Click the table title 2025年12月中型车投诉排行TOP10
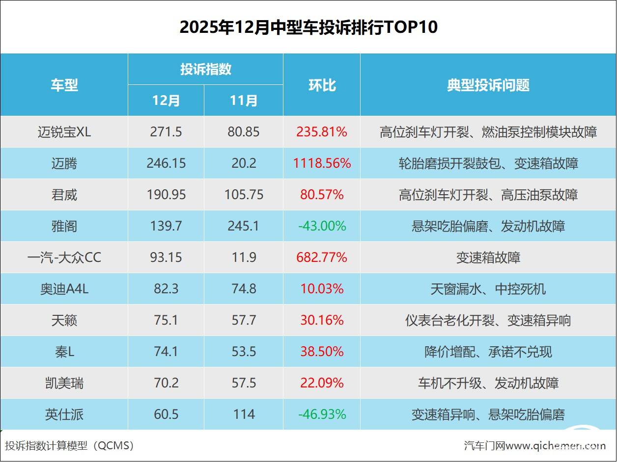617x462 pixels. pos(308,27)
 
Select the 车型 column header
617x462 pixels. pos(64,85)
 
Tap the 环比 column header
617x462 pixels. pos(322,85)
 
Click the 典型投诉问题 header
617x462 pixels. pos(488,85)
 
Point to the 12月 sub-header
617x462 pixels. pos(166,101)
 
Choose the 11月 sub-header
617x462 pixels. pos(244,101)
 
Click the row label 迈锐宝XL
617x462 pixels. pos(64,132)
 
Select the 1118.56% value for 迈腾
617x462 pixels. pos(322,163)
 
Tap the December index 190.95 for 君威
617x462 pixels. pos(166,195)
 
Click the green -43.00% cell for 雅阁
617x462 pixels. pos(322,226)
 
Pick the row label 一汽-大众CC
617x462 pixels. pos(64,257)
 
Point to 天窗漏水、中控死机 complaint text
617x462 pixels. pos(488,289)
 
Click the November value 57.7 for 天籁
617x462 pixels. pos(244,320)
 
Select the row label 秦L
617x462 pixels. pos(64,352)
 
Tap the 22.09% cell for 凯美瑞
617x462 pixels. pos(322,383)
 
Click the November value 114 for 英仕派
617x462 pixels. pos(244,414)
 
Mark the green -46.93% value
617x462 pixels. pos(322,414)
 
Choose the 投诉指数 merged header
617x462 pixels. pos(205,69)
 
